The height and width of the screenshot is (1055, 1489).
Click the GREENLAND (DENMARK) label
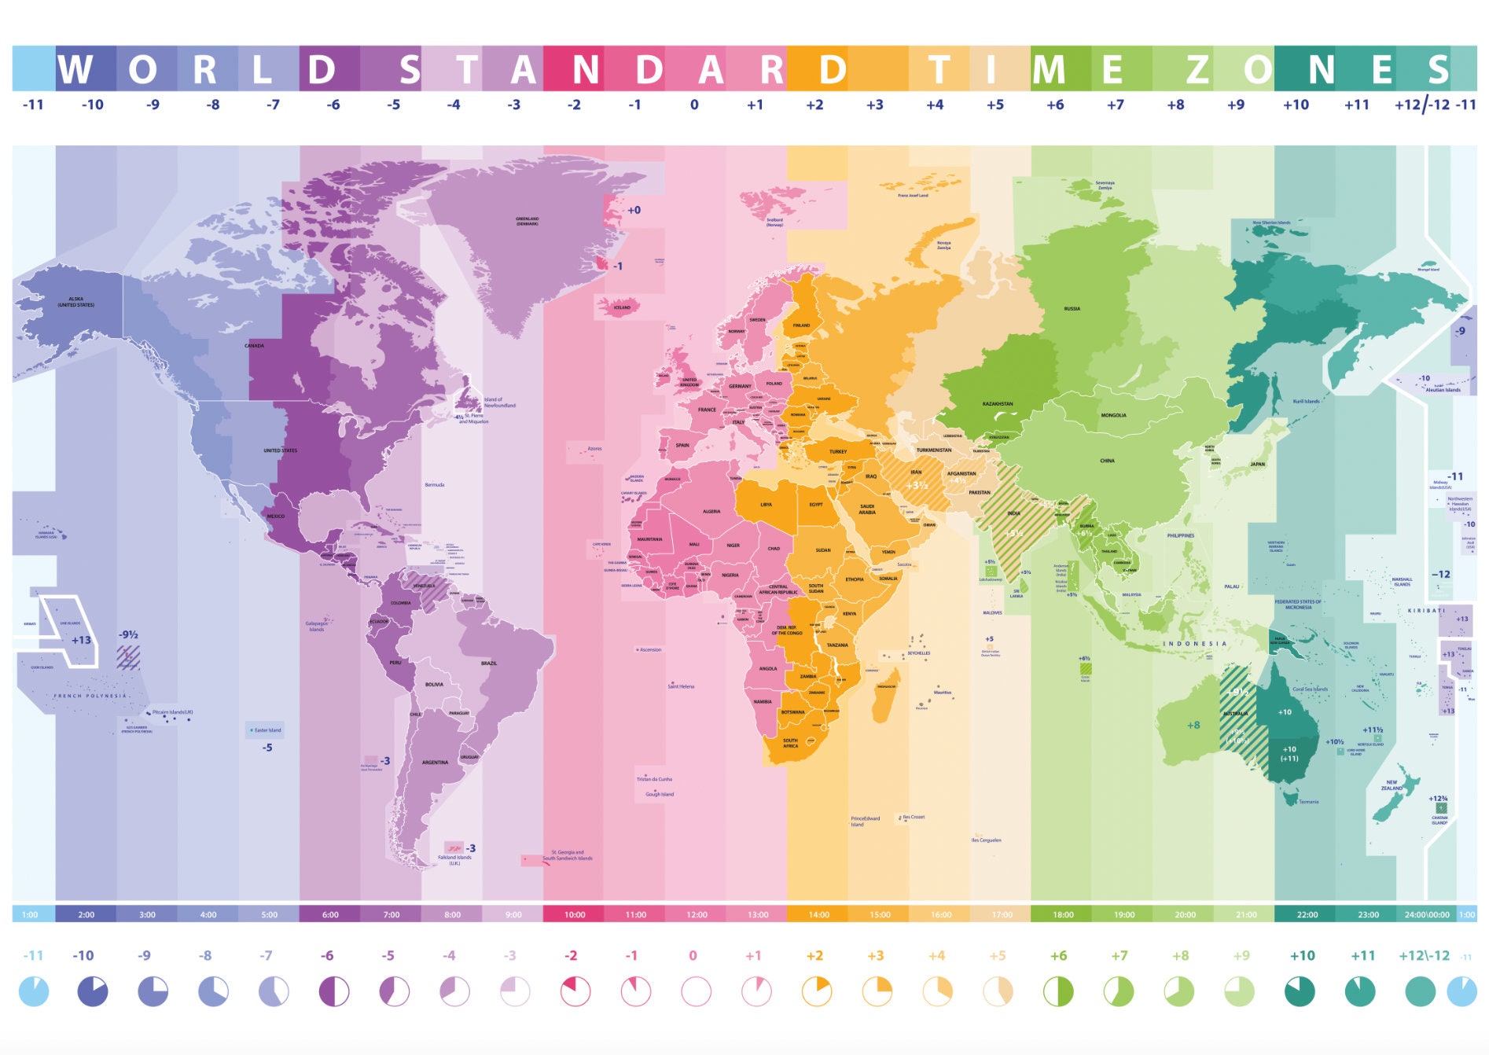click(527, 221)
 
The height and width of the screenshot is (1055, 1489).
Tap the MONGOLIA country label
click(1113, 415)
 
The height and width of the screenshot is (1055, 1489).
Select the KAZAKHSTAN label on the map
click(997, 404)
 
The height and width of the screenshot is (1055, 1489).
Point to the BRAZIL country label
click(489, 663)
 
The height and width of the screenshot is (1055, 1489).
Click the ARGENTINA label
click(435, 763)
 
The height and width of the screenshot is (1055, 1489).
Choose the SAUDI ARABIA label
click(866, 509)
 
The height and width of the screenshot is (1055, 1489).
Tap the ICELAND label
click(622, 307)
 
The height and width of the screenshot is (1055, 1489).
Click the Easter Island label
click(267, 730)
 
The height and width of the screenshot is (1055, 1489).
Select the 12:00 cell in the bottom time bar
click(697, 914)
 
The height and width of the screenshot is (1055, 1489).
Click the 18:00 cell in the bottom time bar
click(1063, 914)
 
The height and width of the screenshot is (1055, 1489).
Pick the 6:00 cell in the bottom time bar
click(330, 914)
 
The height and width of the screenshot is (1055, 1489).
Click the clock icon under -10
click(92, 991)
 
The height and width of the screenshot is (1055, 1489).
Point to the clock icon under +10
click(1300, 991)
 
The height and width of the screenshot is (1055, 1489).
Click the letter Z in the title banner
click(1197, 69)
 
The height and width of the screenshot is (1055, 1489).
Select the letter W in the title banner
click(75, 69)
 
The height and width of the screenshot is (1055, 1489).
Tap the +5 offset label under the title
click(995, 105)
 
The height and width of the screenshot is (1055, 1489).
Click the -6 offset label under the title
click(333, 105)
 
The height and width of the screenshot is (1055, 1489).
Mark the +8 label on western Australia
click(1193, 725)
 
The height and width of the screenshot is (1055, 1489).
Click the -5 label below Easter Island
click(267, 748)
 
